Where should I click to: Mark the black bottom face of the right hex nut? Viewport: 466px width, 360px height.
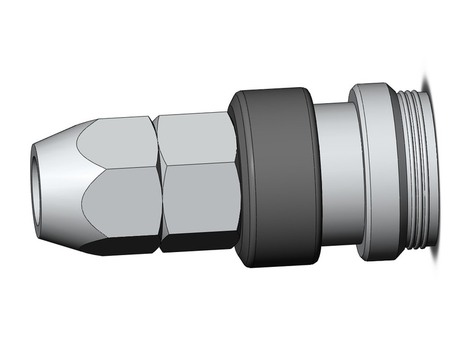pos(199,244)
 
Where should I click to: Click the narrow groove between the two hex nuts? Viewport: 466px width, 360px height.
pos(158,184)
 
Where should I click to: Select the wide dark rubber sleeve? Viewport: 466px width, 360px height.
pos(276,178)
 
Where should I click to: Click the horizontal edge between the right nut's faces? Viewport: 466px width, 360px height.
pos(199,162)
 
